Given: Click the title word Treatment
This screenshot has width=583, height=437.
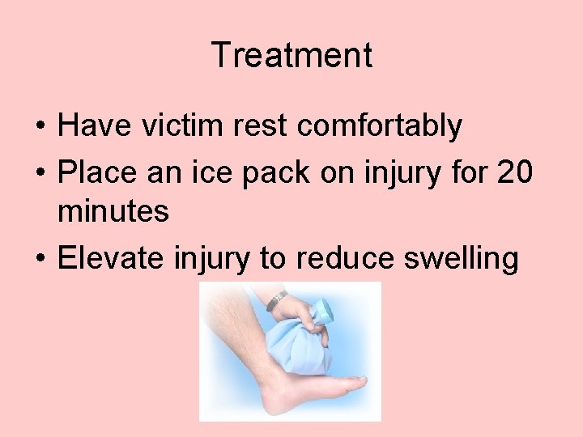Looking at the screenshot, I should (291, 56).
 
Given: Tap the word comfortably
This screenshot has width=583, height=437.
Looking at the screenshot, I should (380, 127).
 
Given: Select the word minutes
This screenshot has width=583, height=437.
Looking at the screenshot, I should (113, 212).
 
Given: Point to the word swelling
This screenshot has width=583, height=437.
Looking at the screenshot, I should (467, 260).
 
